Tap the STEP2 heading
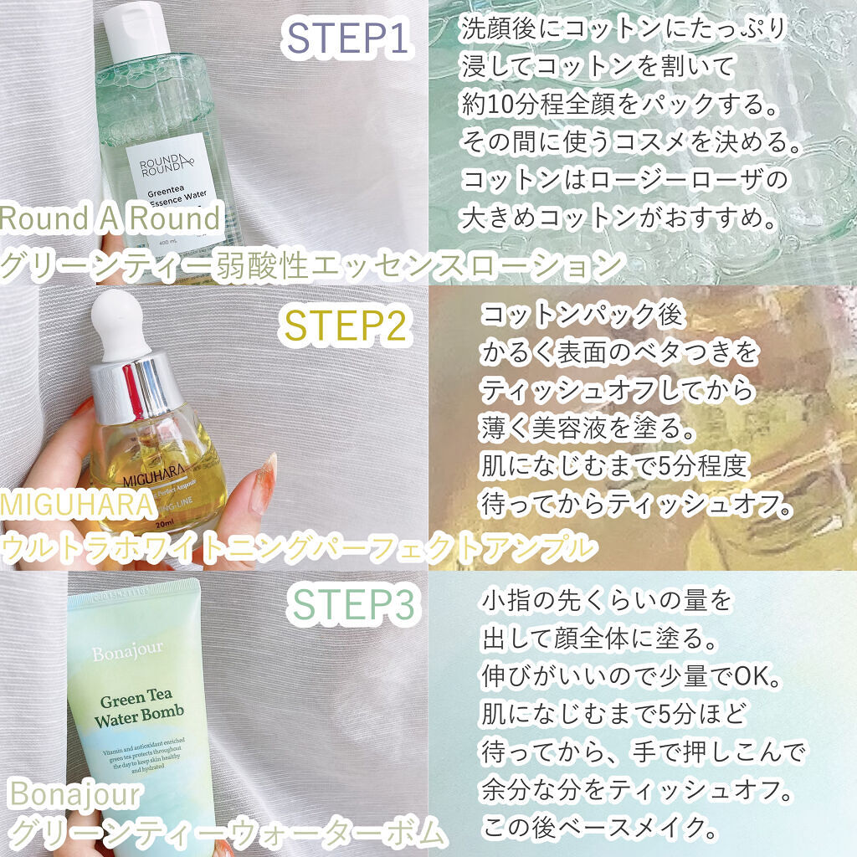click(x=346, y=324)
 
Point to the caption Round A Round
click(x=110, y=219)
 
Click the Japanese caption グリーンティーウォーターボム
click(x=224, y=834)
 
